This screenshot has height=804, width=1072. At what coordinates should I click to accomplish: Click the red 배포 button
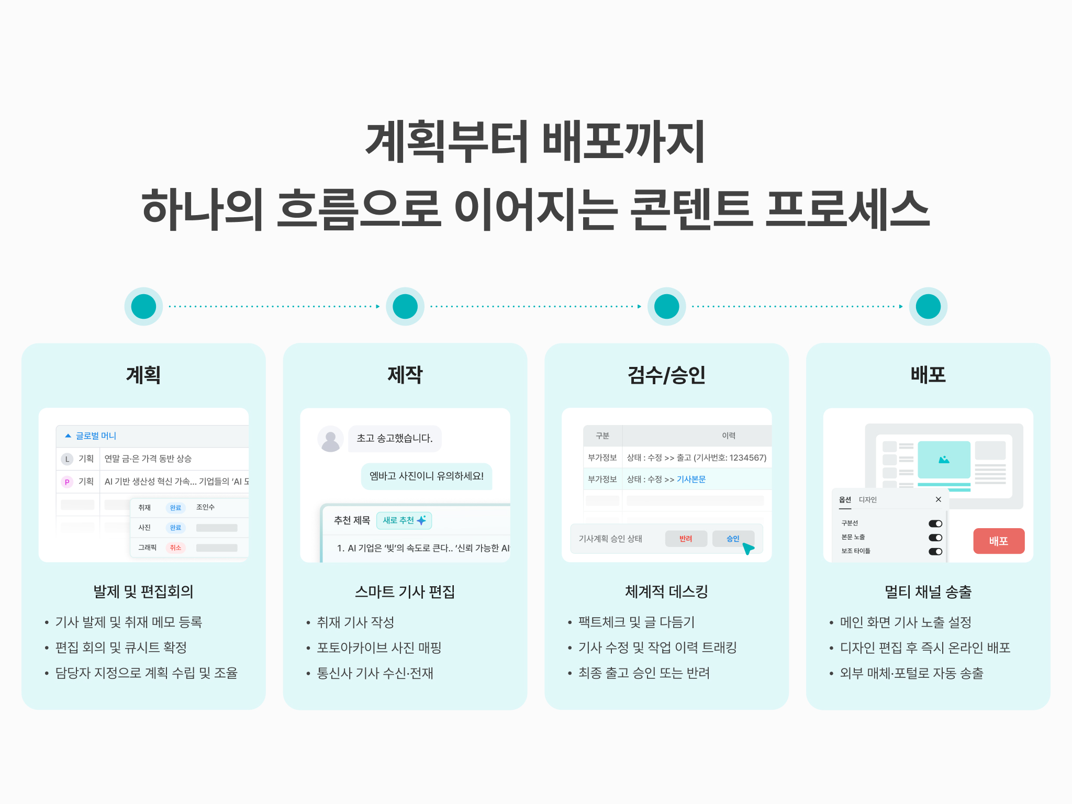[999, 541]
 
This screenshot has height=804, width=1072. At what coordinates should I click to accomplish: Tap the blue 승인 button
[733, 539]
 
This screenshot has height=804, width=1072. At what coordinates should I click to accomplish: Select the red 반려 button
[686, 539]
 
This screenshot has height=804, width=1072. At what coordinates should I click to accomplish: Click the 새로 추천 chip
[404, 520]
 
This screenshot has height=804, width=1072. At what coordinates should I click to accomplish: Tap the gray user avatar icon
[330, 439]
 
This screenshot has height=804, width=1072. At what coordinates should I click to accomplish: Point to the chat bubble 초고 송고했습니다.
[395, 439]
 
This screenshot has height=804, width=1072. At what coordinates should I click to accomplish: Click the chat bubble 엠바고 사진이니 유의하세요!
[427, 476]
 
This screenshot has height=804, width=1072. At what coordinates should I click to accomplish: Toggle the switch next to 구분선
[935, 523]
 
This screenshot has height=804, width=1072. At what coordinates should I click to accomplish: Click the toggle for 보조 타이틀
[935, 551]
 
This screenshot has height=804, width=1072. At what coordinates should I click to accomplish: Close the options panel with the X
[939, 499]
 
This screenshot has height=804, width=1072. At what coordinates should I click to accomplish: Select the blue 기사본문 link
[691, 479]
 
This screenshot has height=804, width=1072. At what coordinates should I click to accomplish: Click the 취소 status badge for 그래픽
[175, 548]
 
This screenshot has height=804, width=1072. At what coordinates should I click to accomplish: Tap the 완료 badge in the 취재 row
[175, 508]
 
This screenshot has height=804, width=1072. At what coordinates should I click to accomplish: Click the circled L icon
[67, 459]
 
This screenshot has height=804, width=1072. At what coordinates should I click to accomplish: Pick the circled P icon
[67, 482]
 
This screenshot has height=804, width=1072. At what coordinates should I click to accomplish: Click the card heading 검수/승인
[666, 375]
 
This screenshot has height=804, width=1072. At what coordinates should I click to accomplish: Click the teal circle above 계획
[143, 307]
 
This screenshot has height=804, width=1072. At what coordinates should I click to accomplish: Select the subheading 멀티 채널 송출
[928, 592]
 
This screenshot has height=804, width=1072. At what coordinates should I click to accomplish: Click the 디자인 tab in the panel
[868, 500]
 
